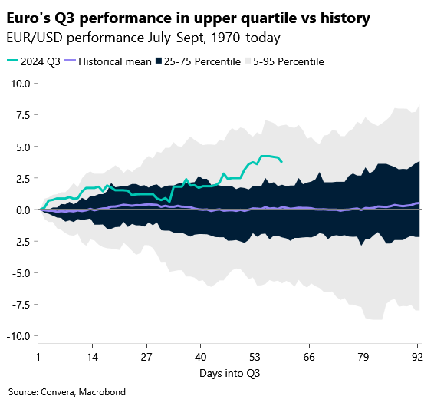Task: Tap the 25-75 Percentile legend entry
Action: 198,61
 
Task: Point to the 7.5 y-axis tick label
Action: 23,115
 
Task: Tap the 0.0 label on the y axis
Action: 23,210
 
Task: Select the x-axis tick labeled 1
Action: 38,358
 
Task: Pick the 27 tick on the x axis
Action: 146,358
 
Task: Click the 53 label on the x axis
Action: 255,358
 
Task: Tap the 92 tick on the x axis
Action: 417,358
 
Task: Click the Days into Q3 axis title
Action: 228,374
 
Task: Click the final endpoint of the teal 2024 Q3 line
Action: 281,162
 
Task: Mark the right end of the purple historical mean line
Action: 419,203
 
